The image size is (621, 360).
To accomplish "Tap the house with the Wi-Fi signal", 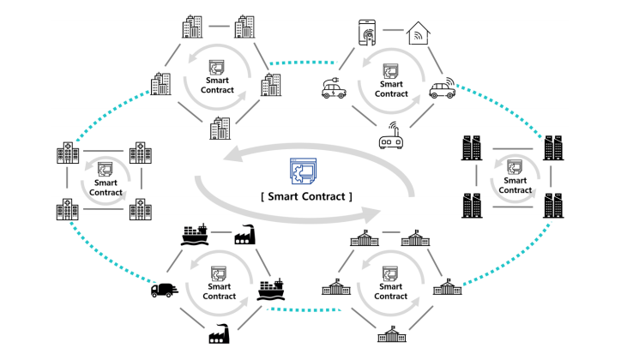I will coord(419,33).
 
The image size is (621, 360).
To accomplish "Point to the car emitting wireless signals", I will coord(441,88).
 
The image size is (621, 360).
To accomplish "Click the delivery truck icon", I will coord(163,290).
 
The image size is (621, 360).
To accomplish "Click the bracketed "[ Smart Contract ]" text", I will coord(305,196).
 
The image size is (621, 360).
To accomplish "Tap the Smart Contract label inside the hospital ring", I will coord(106,187).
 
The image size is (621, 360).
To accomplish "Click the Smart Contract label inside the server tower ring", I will coord(515,185).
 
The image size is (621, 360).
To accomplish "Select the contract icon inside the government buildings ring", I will coord(393,274).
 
